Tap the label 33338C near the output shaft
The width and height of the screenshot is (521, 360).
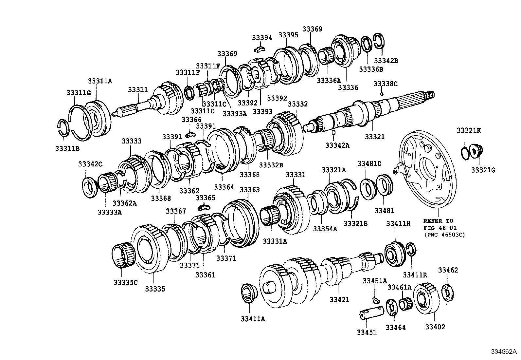(386, 84)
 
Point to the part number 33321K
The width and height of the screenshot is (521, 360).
(469, 130)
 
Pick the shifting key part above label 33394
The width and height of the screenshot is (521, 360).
(259, 49)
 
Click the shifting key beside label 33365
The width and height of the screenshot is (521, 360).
(204, 207)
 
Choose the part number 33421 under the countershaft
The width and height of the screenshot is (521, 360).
(339, 299)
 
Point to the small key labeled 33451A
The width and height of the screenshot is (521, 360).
(375, 299)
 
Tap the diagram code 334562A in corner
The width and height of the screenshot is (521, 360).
(505, 352)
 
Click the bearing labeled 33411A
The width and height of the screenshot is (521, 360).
(249, 294)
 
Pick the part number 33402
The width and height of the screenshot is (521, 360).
(435, 327)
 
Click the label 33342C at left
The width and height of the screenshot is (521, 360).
(90, 164)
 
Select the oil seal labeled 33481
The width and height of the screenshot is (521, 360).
(385, 186)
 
